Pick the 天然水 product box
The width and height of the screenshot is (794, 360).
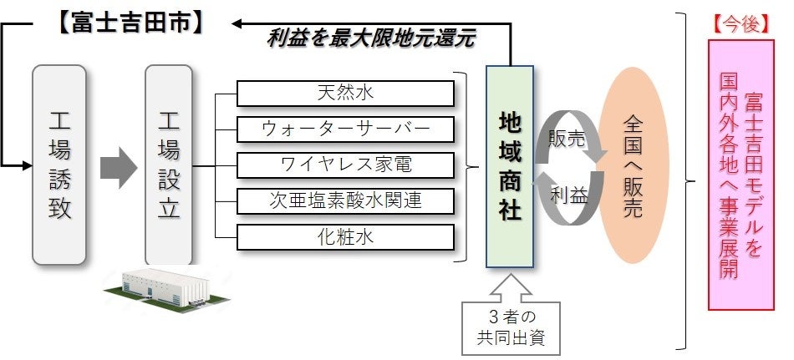coord(344,93)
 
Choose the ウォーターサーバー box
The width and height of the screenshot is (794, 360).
coord(344,129)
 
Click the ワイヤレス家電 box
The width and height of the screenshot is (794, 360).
coord(344,165)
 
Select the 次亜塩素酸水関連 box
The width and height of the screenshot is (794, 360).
coord(344,200)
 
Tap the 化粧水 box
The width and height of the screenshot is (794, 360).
coord(344,237)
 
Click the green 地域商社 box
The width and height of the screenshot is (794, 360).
coord(509,168)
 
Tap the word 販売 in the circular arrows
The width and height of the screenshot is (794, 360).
coord(566,139)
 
